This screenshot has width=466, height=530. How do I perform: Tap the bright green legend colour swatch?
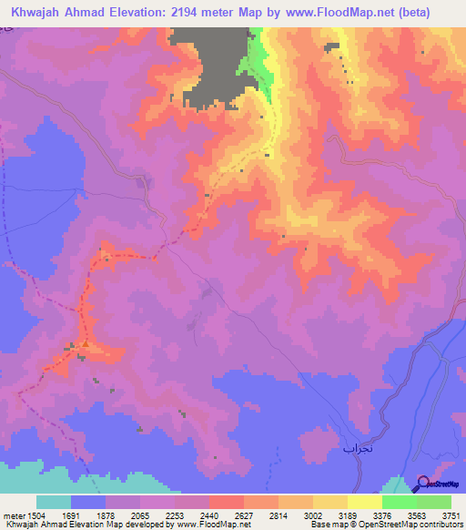click(x=400, y=502)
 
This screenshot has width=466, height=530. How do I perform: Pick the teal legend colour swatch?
click(x=53, y=502)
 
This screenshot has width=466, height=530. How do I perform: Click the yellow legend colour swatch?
click(x=330, y=502)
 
